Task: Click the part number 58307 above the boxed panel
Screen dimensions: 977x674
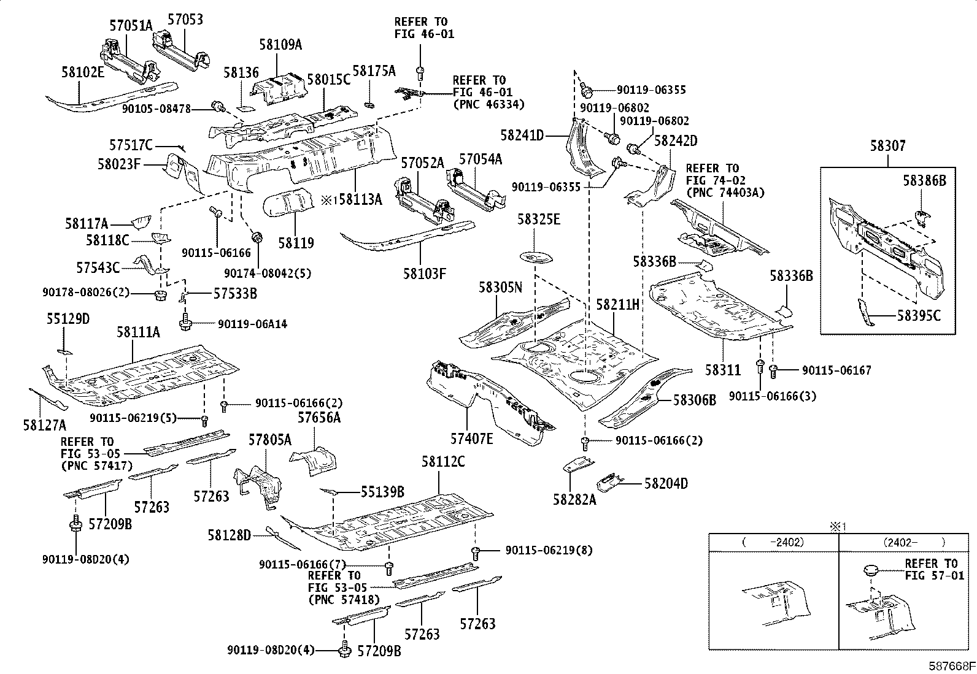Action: click(888, 145)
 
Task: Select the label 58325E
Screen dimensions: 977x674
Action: click(539, 220)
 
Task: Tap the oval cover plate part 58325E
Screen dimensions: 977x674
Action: click(536, 257)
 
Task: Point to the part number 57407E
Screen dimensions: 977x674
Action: click(471, 438)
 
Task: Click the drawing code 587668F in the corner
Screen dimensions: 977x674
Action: click(952, 666)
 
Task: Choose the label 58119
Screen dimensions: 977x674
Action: click(296, 243)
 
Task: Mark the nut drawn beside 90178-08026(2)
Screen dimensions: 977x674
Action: click(161, 295)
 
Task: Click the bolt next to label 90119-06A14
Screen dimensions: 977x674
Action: click(185, 321)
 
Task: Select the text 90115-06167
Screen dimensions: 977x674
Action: click(836, 370)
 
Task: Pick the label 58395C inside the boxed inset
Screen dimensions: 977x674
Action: click(919, 315)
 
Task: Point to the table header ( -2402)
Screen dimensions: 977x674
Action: click(773, 542)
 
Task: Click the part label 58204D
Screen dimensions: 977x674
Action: click(666, 483)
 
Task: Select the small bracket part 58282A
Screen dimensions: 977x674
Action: click(578, 465)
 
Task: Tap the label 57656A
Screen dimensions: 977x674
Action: click(319, 418)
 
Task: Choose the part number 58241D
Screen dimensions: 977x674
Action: click(522, 136)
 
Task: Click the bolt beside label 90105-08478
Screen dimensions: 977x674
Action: click(217, 106)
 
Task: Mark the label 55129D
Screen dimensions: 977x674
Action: click(68, 319)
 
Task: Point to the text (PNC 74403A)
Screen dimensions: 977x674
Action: click(725, 193)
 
